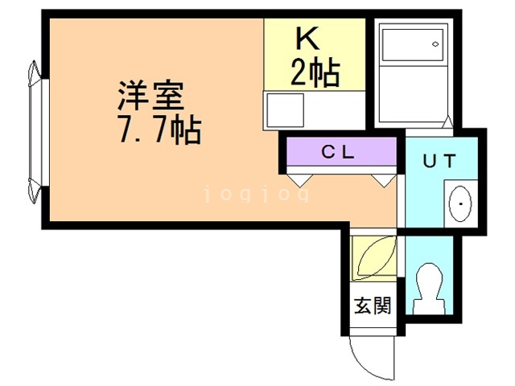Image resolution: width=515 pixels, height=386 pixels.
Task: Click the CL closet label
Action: coord(340,150)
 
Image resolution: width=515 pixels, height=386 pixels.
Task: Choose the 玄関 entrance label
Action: coord(372,306)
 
